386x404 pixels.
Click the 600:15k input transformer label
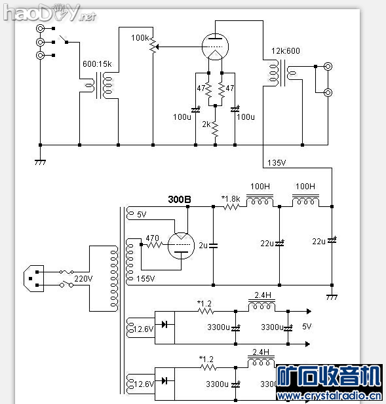coord(97,64)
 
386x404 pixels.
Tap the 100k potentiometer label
coord(140,38)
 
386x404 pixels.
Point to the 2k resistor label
coord(206,124)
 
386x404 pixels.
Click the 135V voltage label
coord(277,163)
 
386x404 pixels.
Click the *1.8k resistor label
coord(231,198)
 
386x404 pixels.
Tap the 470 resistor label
coord(152,238)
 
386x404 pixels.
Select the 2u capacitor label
coord(203,246)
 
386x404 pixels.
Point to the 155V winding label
coord(146,279)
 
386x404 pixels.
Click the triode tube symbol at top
coord(214,45)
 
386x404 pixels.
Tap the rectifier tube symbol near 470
coord(180,246)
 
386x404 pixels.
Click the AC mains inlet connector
coord(33,278)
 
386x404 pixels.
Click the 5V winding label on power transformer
coord(142,214)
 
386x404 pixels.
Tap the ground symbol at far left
coord(40,160)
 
